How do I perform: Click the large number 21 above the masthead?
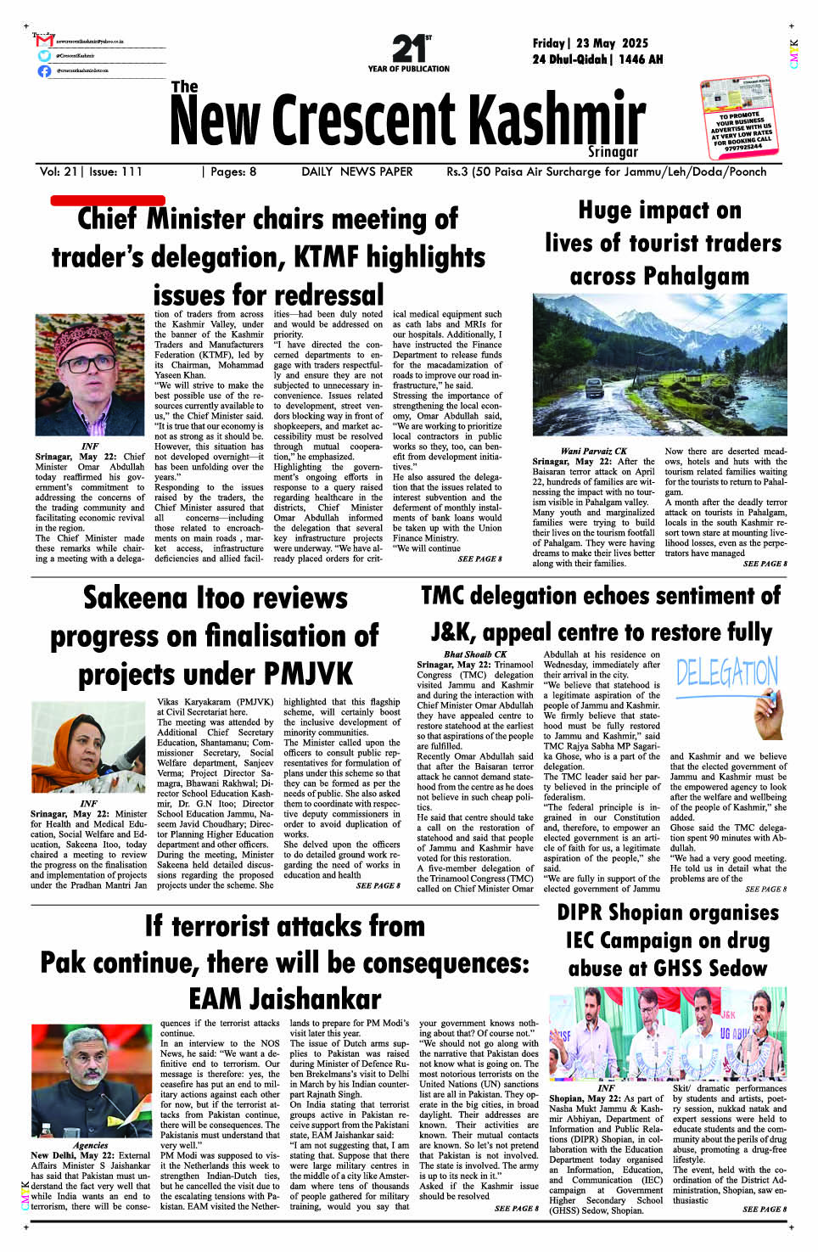point(408,48)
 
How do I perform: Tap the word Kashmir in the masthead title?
point(557,121)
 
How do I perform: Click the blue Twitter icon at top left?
point(44,56)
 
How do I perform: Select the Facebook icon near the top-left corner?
point(44,71)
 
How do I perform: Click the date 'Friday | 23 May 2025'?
point(590,43)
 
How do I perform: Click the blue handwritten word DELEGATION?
point(726,672)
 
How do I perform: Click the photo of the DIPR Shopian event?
point(667,1033)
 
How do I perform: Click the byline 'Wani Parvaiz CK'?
point(593,451)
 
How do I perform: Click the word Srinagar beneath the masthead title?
point(613,152)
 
